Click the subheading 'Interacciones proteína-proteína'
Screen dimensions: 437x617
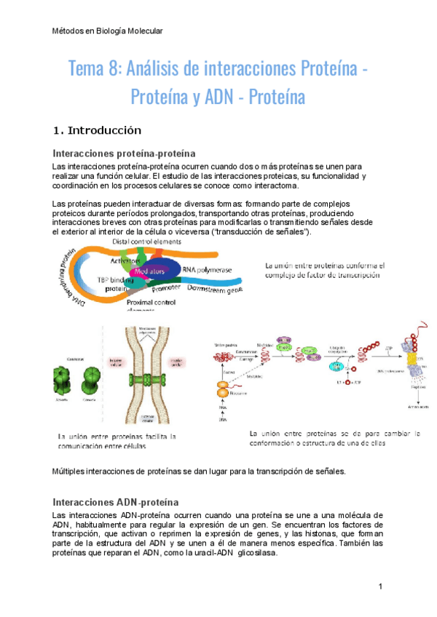pyautogui.click(x=125, y=154)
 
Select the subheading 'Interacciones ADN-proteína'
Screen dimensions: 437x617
pyautogui.click(x=117, y=502)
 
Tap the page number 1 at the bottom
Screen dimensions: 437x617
pyautogui.click(x=381, y=586)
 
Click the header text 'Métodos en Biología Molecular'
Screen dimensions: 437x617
pyautogui.click(x=109, y=31)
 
